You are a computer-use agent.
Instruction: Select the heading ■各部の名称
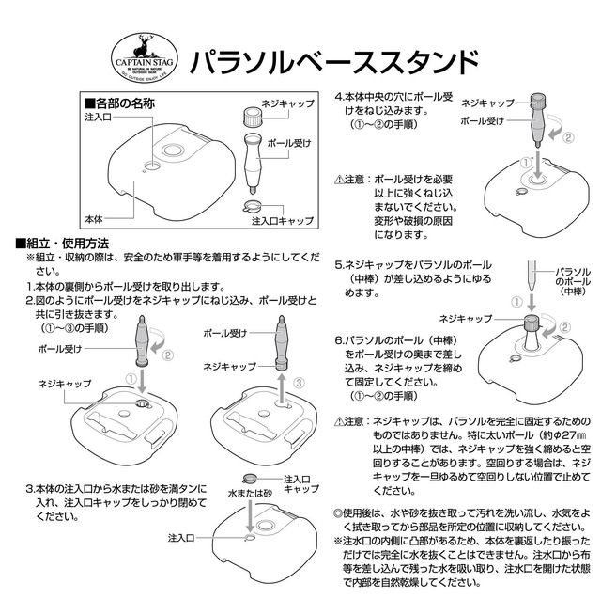click(x=119, y=103)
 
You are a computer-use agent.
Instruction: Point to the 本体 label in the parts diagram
click(x=93, y=217)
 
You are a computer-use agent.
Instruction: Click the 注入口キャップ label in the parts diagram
click(x=283, y=222)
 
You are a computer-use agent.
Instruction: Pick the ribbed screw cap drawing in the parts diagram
click(x=253, y=118)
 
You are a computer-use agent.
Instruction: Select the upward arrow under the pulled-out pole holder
click(x=281, y=384)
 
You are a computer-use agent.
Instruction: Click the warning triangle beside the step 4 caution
click(x=341, y=178)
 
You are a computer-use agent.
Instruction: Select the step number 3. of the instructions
click(x=30, y=489)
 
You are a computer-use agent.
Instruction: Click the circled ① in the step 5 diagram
click(x=516, y=302)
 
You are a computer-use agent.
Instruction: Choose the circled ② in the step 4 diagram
click(x=567, y=136)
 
